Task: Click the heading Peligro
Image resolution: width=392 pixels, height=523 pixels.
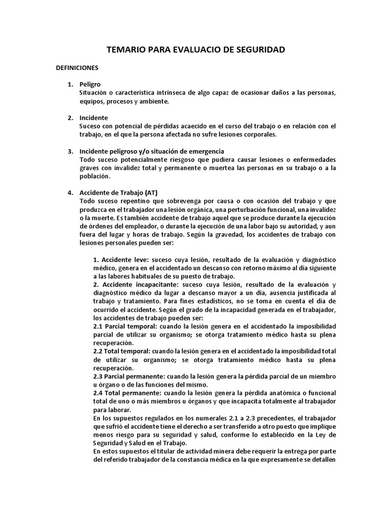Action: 90,84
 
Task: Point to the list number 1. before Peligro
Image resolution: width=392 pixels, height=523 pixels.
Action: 71,84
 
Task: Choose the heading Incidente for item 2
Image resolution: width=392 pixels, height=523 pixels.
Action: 93,117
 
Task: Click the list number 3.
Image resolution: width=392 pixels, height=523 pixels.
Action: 71,151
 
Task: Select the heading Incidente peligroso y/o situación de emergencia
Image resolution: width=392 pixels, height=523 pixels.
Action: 152,151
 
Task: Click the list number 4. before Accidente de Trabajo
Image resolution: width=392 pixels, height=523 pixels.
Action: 71,193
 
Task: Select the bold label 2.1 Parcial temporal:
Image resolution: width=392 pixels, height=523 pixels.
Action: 126,326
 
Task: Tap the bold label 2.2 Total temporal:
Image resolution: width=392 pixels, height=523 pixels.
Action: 122,351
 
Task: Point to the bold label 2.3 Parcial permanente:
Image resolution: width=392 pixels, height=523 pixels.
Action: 130,376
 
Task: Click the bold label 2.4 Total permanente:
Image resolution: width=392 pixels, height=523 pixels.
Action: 127,393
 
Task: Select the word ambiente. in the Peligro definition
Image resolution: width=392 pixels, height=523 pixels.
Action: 154,101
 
